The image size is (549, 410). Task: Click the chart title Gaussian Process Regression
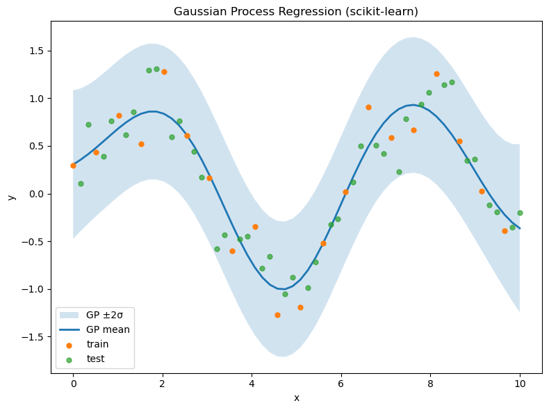point(296,12)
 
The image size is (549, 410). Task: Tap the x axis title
point(297,397)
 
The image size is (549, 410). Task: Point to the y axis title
point(11,197)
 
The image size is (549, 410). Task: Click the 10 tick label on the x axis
point(520,383)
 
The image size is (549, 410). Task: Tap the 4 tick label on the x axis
point(252,383)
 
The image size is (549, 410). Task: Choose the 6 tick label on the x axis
point(341,383)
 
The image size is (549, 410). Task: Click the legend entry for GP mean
point(108,329)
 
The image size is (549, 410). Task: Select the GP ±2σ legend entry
point(108,315)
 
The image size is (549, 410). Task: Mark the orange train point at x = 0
point(73,165)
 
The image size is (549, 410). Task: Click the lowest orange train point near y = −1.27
point(277,315)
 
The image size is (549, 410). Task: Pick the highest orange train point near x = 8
point(436,74)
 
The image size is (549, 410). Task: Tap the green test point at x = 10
point(520,213)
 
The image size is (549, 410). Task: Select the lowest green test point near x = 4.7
point(285,294)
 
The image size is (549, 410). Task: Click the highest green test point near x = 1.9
point(156,69)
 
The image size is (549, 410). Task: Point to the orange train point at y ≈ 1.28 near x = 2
point(164,72)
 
